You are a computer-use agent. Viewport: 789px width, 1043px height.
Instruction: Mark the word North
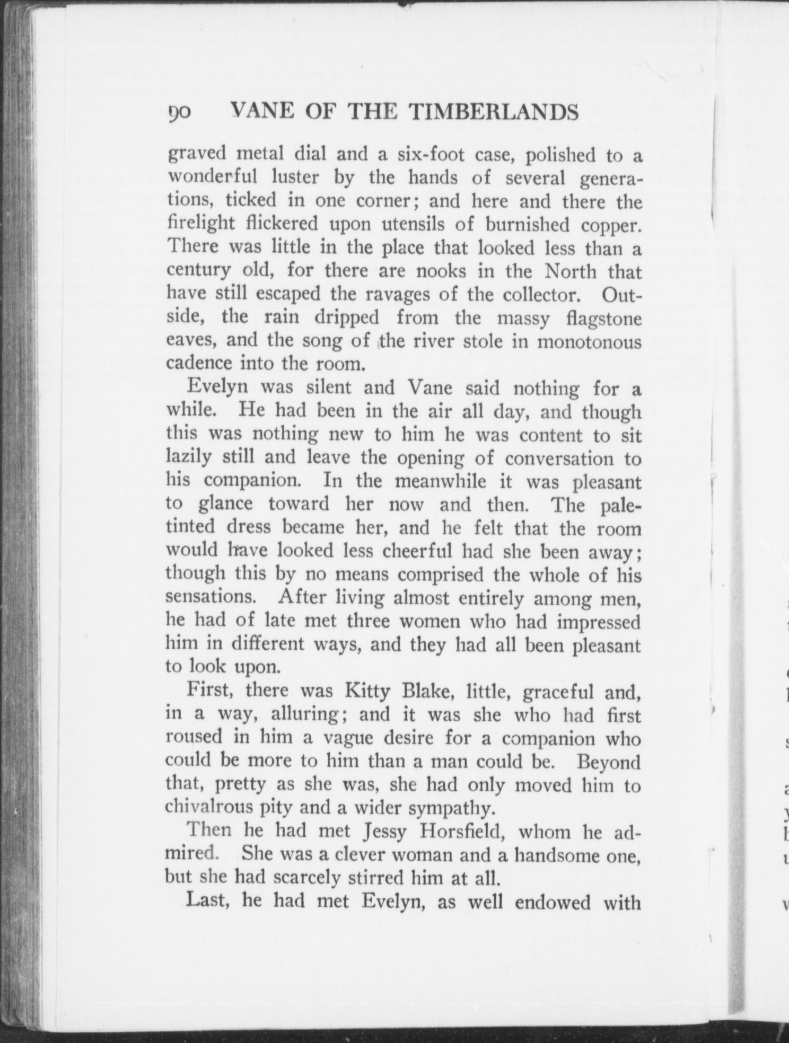(x=571, y=272)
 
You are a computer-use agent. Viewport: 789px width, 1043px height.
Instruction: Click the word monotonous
(x=589, y=341)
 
